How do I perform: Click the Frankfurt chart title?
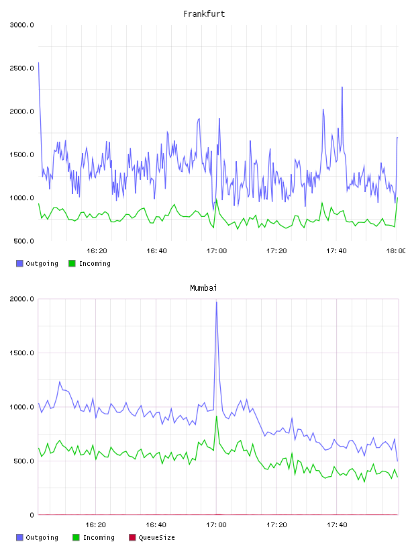(x=204, y=14)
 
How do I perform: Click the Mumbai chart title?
(x=203, y=288)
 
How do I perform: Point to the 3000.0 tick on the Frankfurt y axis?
(x=21, y=25)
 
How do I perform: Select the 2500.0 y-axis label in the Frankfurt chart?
(x=21, y=68)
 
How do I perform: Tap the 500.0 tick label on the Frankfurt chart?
(x=23, y=241)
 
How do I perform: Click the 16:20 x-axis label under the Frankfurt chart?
(x=97, y=250)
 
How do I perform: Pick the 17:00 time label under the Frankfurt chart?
(x=217, y=250)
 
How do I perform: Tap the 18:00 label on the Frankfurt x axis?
(x=396, y=250)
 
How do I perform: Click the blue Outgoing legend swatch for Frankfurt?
(x=19, y=263)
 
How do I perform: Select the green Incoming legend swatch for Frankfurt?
(x=72, y=263)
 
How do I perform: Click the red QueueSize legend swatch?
(x=132, y=537)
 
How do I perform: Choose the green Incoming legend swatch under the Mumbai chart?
(x=76, y=537)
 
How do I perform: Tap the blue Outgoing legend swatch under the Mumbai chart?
(x=19, y=537)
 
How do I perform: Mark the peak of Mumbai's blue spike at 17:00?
(x=217, y=302)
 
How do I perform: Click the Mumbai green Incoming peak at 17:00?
(x=217, y=416)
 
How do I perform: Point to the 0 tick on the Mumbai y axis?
(x=32, y=515)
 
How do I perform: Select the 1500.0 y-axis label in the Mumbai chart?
(x=21, y=353)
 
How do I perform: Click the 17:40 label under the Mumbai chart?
(x=337, y=524)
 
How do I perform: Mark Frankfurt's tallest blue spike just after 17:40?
(x=342, y=87)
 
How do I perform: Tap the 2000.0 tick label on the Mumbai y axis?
(x=21, y=299)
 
